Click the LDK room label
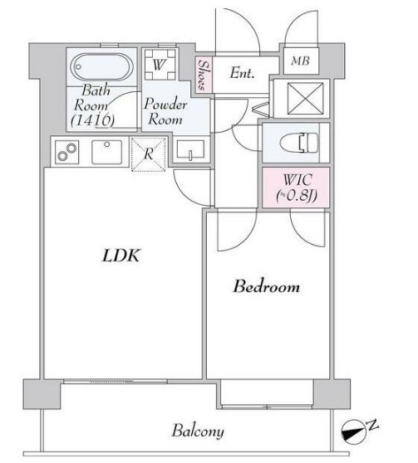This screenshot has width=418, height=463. click(x=120, y=256)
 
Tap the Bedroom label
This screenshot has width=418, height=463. click(x=266, y=286)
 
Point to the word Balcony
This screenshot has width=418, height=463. click(x=198, y=431)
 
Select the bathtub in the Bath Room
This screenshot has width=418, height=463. click(x=101, y=66)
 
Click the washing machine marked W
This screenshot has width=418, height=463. click(x=160, y=65)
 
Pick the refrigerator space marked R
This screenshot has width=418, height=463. click(x=149, y=154)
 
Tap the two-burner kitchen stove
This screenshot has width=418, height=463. click(x=67, y=152)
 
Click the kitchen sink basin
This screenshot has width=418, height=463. click(x=107, y=152)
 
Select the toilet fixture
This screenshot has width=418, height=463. click(x=299, y=143)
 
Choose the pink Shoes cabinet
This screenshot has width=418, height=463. click(x=204, y=75)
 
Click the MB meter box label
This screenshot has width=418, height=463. click(x=300, y=61)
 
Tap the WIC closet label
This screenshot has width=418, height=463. click(x=296, y=188)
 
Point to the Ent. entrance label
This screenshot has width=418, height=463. click(x=242, y=73)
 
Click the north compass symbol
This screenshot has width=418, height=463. click(x=353, y=432)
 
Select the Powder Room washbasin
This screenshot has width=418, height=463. click(x=190, y=150)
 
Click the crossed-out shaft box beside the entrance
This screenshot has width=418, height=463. click(x=305, y=99)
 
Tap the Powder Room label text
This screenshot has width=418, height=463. click(x=165, y=111)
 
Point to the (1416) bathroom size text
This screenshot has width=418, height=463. click(x=93, y=119)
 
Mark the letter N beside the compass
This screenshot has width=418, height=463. click(x=373, y=425)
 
